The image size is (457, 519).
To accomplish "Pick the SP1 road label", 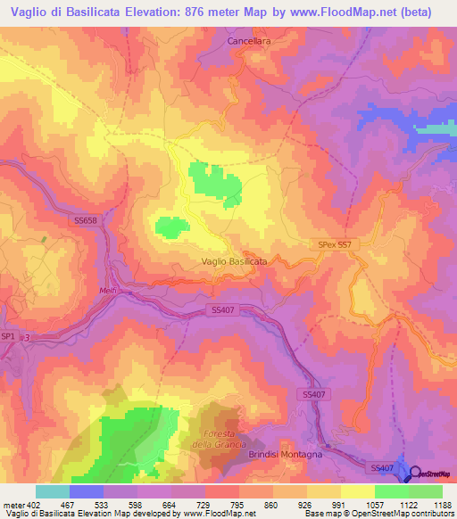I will [x=9, y=335].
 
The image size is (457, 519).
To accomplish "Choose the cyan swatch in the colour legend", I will [x=52, y=491].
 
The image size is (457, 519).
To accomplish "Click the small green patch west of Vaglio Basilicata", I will [x=172, y=227].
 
